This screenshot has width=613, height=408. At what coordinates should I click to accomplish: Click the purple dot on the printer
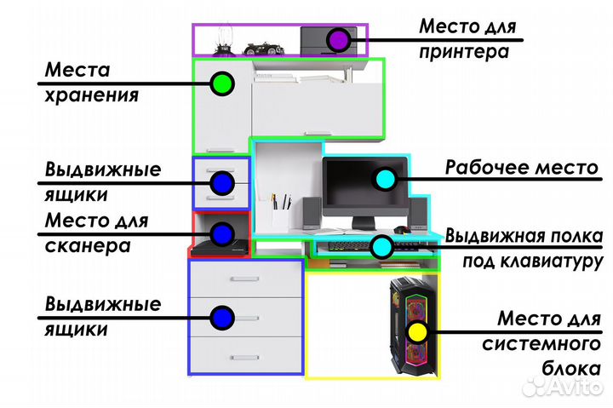click(339, 38)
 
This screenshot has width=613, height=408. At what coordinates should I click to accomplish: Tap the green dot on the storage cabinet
click(221, 83)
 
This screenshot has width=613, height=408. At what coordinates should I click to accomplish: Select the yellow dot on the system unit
click(416, 332)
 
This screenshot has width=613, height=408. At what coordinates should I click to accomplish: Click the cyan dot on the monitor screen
click(385, 179)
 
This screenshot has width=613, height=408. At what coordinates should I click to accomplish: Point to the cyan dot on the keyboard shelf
click(381, 247)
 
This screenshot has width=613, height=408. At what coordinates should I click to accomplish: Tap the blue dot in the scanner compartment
click(222, 232)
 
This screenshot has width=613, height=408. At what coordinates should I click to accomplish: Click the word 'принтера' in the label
click(464, 52)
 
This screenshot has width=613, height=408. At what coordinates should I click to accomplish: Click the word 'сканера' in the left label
click(88, 246)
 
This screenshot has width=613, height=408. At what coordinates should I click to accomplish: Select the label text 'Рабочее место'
click(521, 167)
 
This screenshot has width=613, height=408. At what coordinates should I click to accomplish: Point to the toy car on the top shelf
click(264, 48)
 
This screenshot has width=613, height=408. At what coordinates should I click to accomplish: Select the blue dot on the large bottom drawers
click(222, 318)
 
